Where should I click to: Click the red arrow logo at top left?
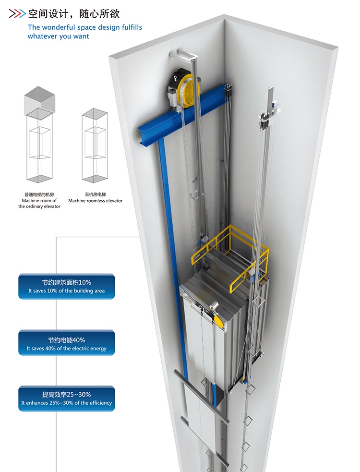[x=17, y=13]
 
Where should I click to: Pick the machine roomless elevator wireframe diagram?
[x=94, y=146]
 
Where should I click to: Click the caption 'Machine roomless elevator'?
[x=95, y=201]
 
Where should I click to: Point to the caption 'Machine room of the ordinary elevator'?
[x=40, y=200]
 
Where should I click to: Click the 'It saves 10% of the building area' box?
[x=67, y=287]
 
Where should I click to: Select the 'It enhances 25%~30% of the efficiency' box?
[x=67, y=399]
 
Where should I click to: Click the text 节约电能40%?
[x=67, y=339]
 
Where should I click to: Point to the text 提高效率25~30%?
[x=67, y=395]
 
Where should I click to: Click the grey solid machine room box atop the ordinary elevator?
[x=40, y=99]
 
